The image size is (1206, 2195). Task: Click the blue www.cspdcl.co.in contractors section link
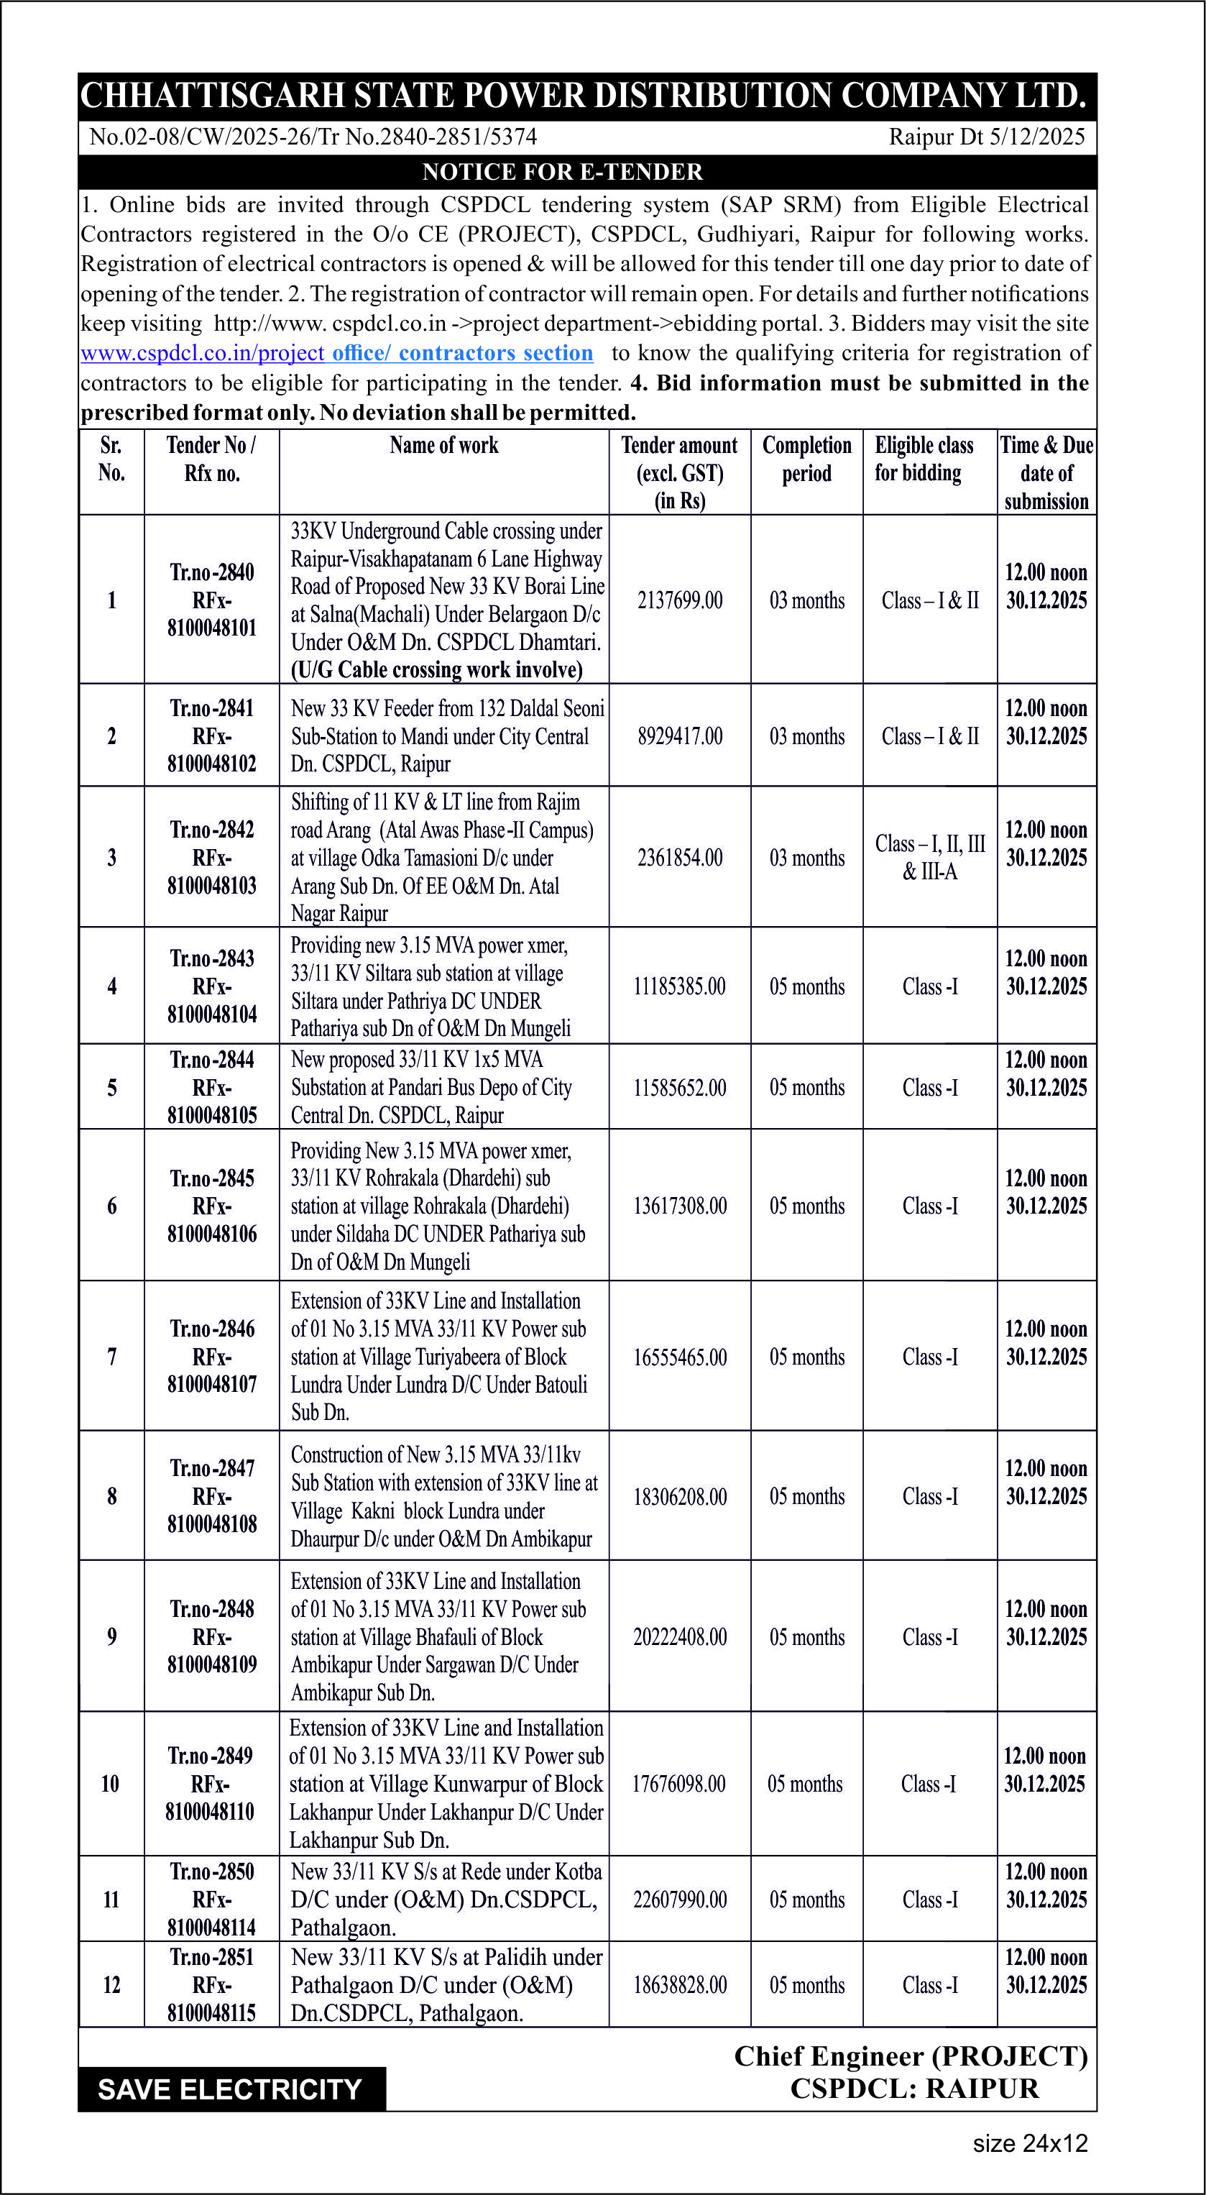point(336,353)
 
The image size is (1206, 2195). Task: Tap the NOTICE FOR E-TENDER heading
point(562,172)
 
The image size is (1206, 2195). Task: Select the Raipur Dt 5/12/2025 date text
point(986,137)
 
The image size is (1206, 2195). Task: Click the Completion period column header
point(806,459)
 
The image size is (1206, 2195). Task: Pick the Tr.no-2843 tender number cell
point(212,958)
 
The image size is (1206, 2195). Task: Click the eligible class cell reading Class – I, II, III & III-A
point(930,857)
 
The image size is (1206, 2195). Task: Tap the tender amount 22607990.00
point(680,1900)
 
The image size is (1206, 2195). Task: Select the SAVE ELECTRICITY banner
point(230,2089)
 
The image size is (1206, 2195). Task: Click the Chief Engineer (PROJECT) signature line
point(911,2056)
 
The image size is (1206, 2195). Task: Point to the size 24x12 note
point(1030,2143)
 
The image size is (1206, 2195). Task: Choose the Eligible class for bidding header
point(924,459)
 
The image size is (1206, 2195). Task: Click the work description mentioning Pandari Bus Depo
point(431,1087)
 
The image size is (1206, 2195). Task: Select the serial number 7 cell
point(111,1357)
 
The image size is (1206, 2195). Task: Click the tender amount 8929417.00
point(680,736)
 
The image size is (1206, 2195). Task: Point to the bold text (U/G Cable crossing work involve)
point(437,670)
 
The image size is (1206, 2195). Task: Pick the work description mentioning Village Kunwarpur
point(446,1784)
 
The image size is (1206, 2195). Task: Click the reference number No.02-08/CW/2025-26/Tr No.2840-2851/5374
point(313,137)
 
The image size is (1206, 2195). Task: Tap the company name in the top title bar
point(584,96)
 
